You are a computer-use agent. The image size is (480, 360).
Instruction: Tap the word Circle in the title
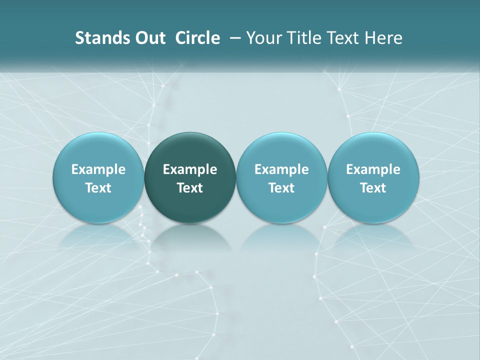197,38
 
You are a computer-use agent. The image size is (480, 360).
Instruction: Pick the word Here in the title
383,38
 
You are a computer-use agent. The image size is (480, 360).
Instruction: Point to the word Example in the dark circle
190,169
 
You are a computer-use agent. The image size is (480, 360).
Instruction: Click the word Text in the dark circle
190,188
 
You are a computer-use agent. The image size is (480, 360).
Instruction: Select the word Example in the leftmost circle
98,169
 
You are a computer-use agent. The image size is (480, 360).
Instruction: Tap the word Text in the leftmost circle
98,188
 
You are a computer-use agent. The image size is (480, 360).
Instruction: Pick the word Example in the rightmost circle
373,169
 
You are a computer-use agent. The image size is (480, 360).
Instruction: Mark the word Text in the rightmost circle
373,188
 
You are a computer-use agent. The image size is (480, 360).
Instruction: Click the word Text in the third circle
281,188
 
